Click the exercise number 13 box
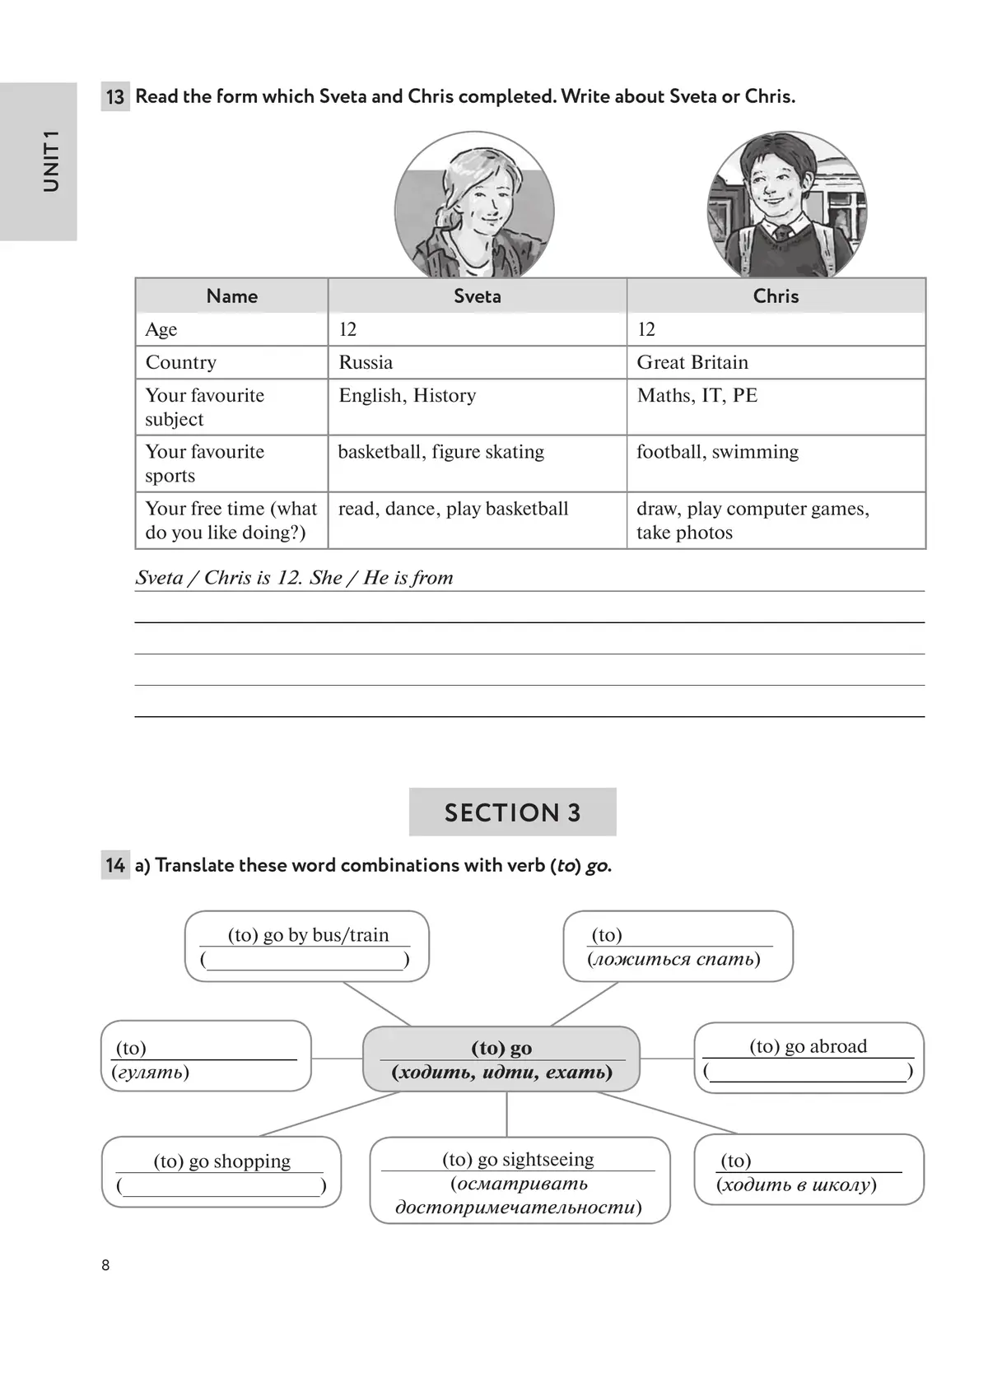115,96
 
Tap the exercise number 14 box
115,865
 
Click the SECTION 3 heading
512,812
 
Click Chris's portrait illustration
786,206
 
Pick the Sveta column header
478,296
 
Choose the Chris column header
776,296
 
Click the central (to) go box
501,1059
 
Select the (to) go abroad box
809,1058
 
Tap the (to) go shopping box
221,1172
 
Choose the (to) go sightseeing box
520,1181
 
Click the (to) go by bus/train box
307,946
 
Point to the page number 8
105,1265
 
